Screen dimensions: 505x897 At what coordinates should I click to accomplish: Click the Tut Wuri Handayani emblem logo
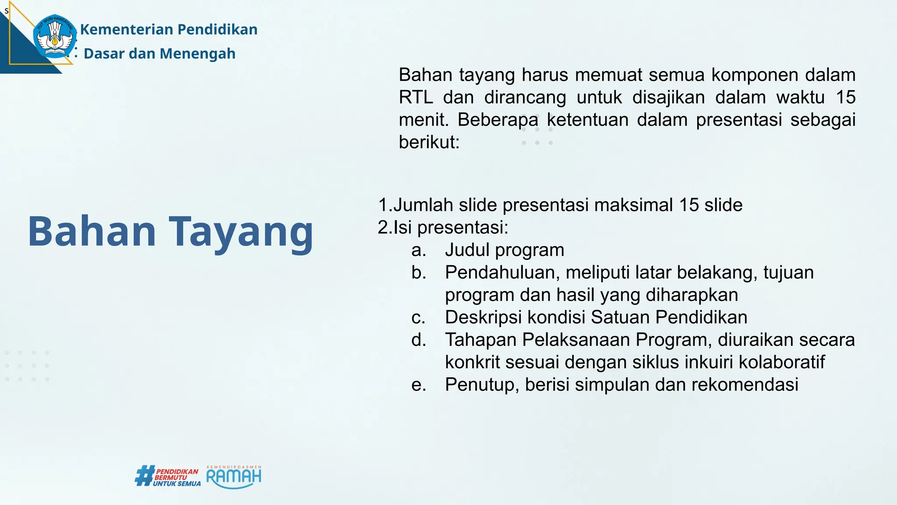point(54,36)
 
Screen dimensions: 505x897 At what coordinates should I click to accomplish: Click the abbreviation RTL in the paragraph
point(416,97)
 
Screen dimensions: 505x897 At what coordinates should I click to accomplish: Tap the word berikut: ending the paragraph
point(429,142)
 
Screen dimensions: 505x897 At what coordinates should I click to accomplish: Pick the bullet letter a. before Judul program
point(419,250)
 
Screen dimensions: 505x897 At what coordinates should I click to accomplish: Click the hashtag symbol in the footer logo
point(144,476)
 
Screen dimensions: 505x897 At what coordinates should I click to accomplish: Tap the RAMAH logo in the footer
point(233,477)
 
